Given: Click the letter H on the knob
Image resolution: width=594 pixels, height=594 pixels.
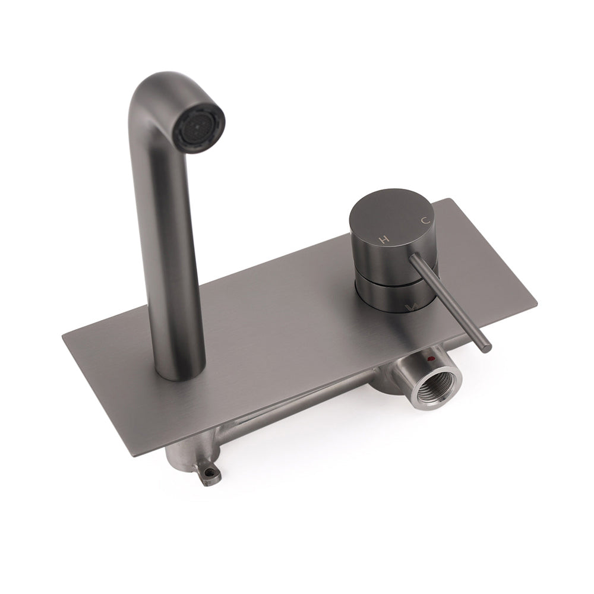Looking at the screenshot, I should pos(384,239).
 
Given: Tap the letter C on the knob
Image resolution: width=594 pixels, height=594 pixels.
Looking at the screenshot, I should pos(425,220).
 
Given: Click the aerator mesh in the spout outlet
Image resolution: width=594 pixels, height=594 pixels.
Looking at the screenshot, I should pos(198,121).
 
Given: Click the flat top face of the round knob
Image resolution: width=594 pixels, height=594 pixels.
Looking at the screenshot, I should pos(395,220).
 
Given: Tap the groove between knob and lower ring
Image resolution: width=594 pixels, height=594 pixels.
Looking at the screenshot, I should pos(386,275).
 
